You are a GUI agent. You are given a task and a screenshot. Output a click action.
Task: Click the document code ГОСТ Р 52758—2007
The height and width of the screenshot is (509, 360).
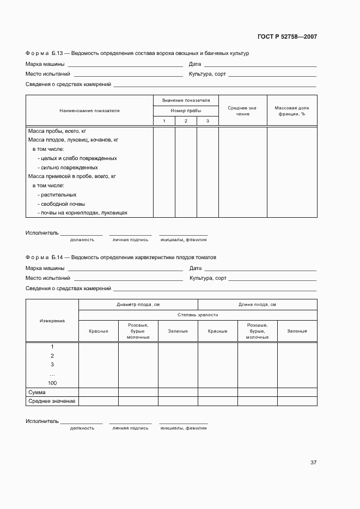coord(286,37)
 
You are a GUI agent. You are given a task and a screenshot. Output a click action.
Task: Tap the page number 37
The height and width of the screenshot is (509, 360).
coord(313,463)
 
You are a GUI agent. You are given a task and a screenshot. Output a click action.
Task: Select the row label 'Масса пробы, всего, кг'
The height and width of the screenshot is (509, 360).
coord(57,131)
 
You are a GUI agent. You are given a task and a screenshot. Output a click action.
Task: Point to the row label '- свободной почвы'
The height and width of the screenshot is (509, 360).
coord(61,204)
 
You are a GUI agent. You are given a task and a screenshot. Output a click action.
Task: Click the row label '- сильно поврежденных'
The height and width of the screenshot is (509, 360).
coord(68,168)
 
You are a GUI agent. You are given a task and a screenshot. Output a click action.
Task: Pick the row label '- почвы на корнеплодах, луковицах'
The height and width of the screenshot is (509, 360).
coord(82,213)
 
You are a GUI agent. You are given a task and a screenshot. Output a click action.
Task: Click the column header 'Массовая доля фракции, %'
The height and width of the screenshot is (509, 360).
coord(291,111)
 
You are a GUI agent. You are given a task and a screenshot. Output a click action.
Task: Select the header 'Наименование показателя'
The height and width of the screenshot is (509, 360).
coord(89,111)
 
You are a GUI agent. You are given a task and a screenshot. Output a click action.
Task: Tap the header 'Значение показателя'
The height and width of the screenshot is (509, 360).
coord(186,101)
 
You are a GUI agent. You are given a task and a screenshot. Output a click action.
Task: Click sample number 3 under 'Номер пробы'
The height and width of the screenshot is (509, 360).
coord(208,121)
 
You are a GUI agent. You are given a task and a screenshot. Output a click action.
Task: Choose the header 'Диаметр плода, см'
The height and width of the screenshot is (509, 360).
coord(138,305)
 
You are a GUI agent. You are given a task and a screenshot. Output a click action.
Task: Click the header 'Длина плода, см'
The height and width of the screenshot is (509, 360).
coord(257,305)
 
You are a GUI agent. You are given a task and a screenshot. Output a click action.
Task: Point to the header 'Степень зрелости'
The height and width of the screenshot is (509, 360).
coord(198,315)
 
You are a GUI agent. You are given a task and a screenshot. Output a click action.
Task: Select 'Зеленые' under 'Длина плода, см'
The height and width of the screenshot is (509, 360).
coord(297,331)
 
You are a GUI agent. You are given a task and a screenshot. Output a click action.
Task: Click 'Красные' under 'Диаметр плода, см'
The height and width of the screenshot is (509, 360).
coord(99,331)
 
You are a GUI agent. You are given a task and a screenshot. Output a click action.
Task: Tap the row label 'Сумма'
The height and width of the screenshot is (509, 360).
coord(36,392)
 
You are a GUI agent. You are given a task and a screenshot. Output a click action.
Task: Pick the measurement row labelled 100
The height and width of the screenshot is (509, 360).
coord(52,383)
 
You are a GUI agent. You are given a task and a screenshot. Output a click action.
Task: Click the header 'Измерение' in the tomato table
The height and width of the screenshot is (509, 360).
coord(52,321)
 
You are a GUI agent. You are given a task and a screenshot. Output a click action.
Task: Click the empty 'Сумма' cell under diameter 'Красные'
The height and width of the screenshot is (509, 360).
coord(99,392)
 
